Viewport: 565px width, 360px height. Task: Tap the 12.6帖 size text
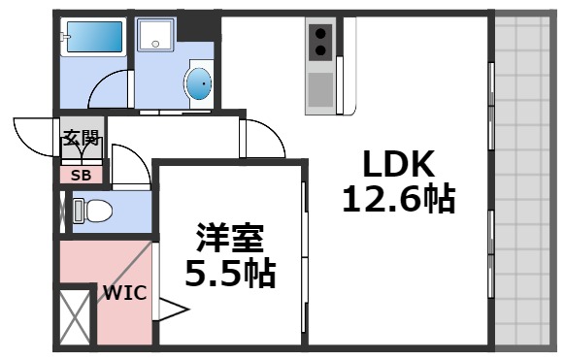point(397,199)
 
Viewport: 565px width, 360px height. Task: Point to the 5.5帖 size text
point(230,273)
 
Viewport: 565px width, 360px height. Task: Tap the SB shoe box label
point(82,176)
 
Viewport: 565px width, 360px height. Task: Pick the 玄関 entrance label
point(82,138)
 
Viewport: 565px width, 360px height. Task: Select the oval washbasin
point(198,84)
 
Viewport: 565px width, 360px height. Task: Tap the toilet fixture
point(93,211)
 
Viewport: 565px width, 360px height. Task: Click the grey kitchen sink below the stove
point(319,89)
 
